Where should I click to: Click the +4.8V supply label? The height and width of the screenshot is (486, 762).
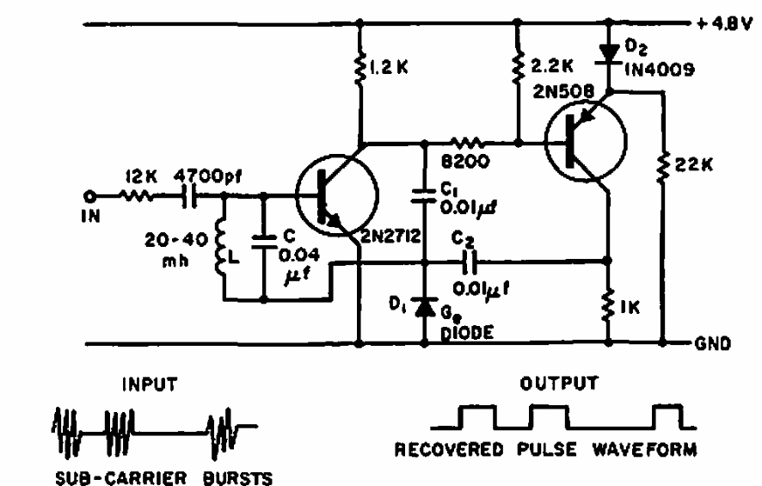[x=724, y=24]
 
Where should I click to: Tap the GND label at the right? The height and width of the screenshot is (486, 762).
[x=713, y=343]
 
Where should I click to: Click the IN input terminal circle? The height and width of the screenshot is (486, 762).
[x=89, y=196]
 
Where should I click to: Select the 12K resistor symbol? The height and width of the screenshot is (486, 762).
[x=136, y=196]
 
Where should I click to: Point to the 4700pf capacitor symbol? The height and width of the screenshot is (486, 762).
[x=189, y=196]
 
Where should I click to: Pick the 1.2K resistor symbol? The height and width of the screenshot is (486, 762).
[x=360, y=69]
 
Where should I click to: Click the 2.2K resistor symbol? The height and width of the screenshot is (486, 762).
[x=519, y=66]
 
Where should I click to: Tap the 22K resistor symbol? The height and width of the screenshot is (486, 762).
[x=663, y=167]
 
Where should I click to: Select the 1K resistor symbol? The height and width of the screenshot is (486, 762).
[x=608, y=305]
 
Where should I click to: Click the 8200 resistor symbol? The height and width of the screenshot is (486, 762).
[x=467, y=144]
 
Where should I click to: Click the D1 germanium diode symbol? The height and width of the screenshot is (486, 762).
[x=425, y=307]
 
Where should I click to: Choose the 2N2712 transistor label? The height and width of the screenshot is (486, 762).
[x=390, y=237]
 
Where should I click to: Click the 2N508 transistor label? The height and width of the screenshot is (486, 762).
[x=562, y=91]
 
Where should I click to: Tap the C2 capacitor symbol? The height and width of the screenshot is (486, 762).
[x=469, y=262]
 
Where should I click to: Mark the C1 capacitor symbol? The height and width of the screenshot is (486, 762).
[x=424, y=195]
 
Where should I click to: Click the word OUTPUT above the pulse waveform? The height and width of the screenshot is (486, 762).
[x=559, y=384]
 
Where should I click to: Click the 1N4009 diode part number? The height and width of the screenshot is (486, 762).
[x=659, y=70]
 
